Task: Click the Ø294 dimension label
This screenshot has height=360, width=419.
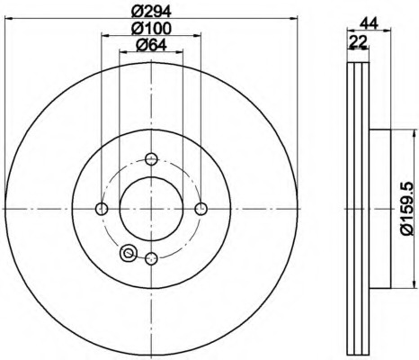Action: (151, 12)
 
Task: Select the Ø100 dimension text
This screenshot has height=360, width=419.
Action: (151, 29)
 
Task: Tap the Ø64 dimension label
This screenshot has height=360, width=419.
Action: (151, 45)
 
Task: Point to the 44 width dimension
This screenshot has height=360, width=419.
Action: (369, 23)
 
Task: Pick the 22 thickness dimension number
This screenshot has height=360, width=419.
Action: (358, 40)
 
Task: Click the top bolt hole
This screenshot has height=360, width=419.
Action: (151, 158)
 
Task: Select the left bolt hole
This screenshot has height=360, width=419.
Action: (102, 209)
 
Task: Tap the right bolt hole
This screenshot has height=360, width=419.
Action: (201, 209)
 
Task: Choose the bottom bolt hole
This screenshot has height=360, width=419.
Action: (151, 258)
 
